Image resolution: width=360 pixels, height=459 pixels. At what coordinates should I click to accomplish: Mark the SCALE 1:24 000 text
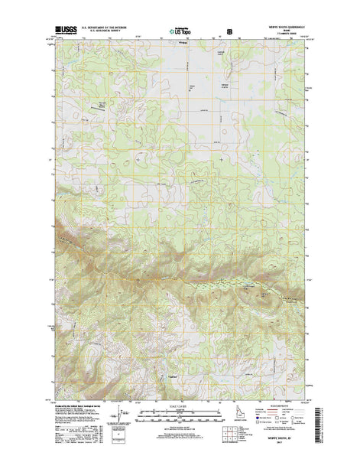point(180,404)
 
